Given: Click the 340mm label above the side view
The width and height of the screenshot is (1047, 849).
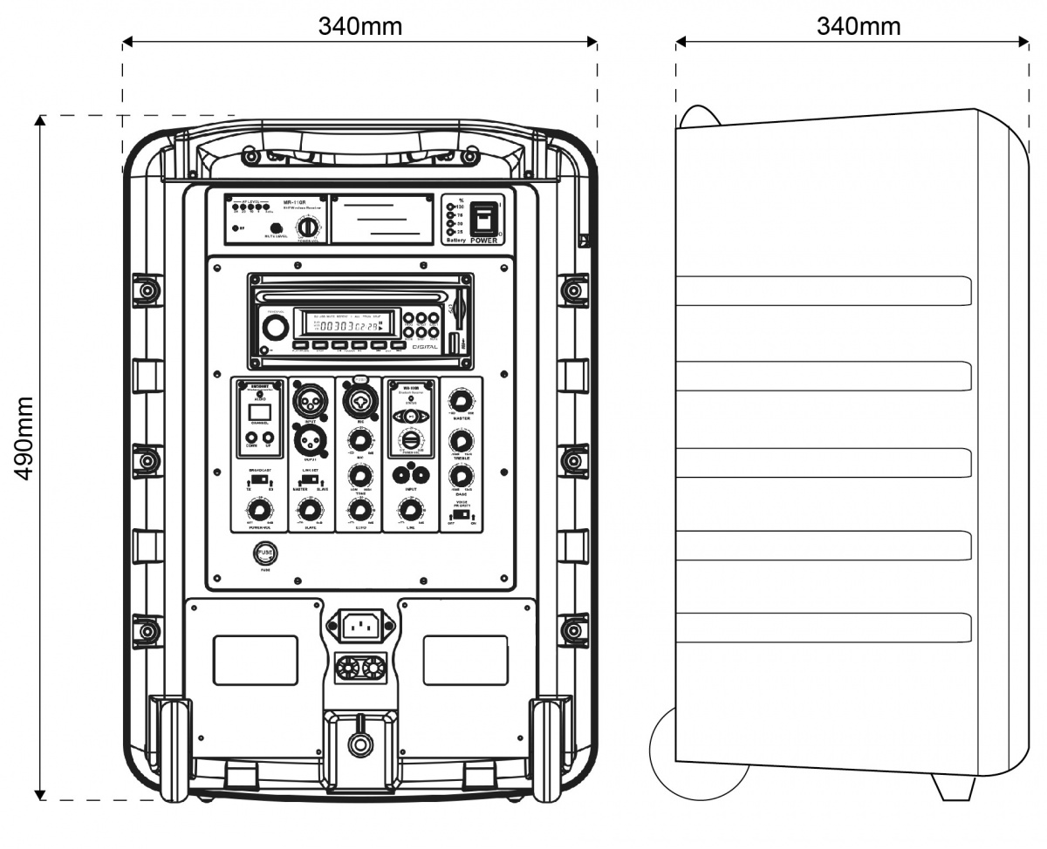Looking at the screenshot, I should coord(859,26).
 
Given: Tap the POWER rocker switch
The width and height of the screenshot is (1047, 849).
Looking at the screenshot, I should coord(483,217).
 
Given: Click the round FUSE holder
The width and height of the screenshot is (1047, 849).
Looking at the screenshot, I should coord(265,553).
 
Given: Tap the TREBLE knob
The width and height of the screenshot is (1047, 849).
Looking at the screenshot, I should coord(460,440).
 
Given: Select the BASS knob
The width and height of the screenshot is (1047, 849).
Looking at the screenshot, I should coord(460,477).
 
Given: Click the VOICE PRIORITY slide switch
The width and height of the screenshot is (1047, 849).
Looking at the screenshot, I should coord(461,514).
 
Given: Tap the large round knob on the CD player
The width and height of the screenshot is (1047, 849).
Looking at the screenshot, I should coord(276,328).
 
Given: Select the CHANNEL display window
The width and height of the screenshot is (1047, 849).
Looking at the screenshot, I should coord(259,412).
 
